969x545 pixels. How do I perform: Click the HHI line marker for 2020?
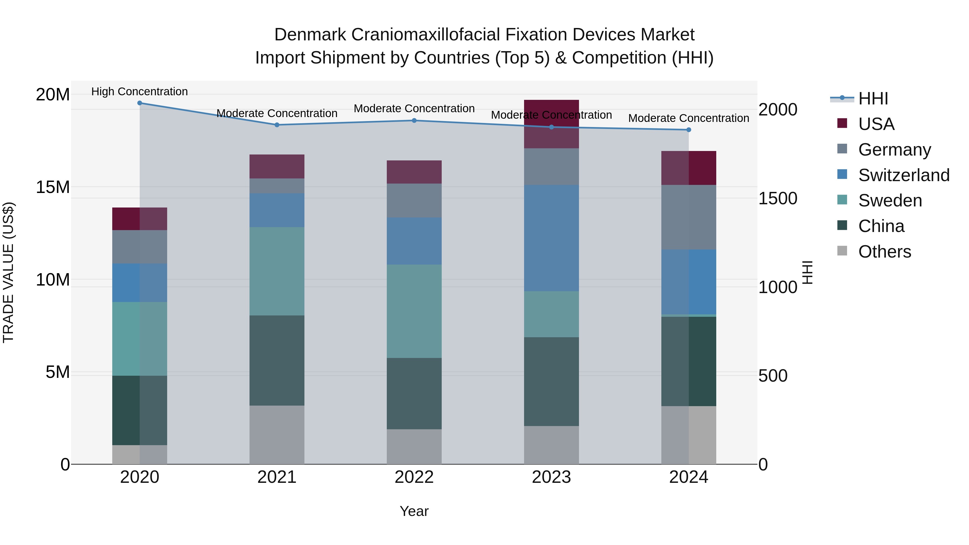139,103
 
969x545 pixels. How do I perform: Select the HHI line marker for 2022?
414,120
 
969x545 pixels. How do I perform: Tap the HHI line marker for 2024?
689,130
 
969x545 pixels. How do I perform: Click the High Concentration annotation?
139,92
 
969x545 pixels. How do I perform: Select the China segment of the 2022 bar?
414,393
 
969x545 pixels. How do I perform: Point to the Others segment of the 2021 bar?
277,435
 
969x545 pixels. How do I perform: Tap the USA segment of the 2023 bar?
552,124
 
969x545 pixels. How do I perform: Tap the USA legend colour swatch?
842,123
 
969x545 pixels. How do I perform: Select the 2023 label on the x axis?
552,477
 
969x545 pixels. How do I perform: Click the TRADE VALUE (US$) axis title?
8,272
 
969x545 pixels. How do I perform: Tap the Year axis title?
414,511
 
